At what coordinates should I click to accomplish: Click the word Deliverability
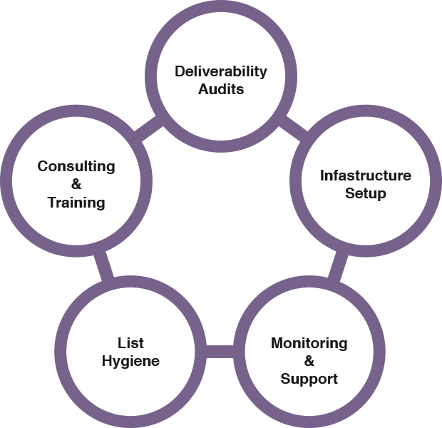click(x=221, y=71)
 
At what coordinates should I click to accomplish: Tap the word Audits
click(x=221, y=89)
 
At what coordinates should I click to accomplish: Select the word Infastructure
click(x=366, y=175)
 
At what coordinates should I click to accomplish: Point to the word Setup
click(x=366, y=193)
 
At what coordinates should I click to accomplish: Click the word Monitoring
click(x=309, y=343)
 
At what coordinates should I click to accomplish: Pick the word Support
click(x=309, y=378)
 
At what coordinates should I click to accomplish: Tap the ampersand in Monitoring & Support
click(x=309, y=361)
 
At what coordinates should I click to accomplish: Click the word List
click(x=130, y=343)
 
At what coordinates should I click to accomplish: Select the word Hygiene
click(x=130, y=361)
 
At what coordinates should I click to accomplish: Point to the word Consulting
click(x=76, y=166)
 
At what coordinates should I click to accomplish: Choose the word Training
click(x=76, y=203)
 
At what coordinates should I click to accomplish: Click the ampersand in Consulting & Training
click(x=76, y=185)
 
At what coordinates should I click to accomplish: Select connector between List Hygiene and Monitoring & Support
click(x=220, y=352)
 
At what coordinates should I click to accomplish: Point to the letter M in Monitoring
click(x=277, y=343)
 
